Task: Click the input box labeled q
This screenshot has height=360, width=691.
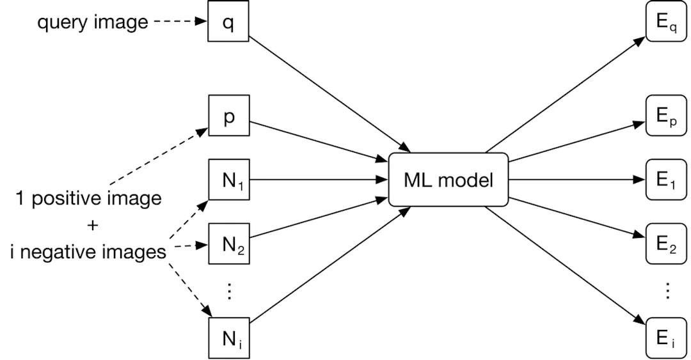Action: [x=228, y=23]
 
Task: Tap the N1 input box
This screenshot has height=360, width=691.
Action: [x=228, y=180]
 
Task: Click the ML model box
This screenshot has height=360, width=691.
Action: [x=448, y=180]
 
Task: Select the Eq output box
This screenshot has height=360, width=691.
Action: [x=665, y=23]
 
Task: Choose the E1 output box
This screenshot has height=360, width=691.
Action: [x=665, y=180]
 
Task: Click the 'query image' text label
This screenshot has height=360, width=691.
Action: [x=93, y=23]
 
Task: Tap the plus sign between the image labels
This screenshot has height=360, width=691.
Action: [x=89, y=225]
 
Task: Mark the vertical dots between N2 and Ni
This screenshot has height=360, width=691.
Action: [x=228, y=291]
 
